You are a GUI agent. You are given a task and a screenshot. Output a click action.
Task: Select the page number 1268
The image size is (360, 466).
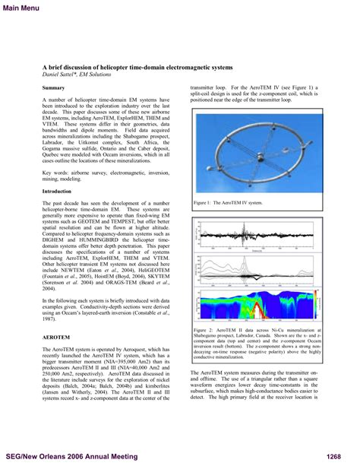(338, 456)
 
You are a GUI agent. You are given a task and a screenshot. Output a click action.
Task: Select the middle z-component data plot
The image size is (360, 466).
(258, 266)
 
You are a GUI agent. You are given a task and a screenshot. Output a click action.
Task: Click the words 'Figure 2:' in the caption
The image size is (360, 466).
(204, 331)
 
